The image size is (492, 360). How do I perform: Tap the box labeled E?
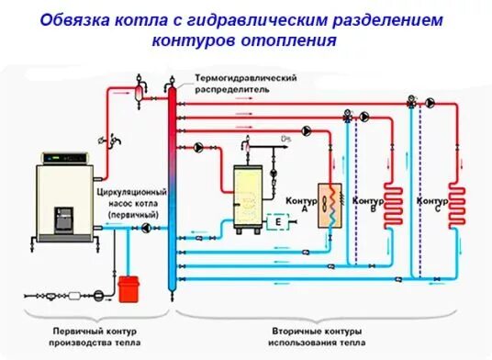(276, 221)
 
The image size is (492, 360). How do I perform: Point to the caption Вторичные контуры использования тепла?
(317, 335)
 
